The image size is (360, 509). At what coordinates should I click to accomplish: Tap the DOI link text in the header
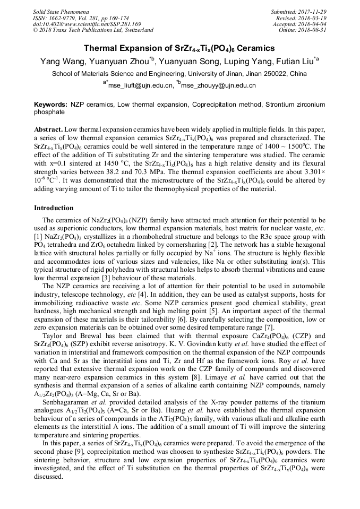(x=87, y=24)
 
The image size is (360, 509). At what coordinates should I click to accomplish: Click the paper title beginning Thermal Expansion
(x=179, y=48)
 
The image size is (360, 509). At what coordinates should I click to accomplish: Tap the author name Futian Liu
(x=294, y=62)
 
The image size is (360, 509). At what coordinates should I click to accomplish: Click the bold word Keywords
(x=50, y=105)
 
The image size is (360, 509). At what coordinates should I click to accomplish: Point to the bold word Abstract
(x=48, y=130)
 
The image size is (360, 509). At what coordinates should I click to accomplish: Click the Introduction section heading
(x=54, y=208)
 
